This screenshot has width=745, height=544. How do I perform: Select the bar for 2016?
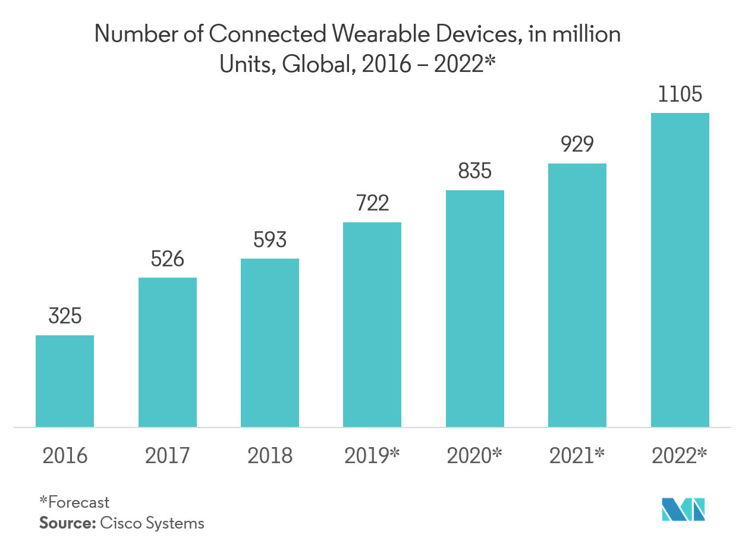(65, 381)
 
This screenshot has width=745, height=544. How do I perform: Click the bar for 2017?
(168, 352)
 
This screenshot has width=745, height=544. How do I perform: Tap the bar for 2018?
(270, 342)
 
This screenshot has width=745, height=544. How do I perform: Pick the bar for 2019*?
(372, 325)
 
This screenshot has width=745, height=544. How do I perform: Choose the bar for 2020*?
(475, 309)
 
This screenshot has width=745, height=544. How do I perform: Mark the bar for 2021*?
(577, 295)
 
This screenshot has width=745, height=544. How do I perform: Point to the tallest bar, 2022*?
(680, 270)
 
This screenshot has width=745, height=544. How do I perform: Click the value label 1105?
(680, 95)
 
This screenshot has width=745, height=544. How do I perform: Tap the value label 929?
(577, 144)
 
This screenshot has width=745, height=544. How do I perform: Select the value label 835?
(475, 171)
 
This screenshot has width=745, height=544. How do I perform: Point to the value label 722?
(372, 203)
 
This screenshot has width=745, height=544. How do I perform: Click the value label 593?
(270, 240)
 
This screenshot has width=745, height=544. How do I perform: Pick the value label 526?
(168, 259)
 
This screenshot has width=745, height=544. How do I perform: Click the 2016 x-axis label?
(65, 456)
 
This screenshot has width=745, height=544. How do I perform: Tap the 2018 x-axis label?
(270, 456)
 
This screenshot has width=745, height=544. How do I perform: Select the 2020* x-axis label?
(475, 456)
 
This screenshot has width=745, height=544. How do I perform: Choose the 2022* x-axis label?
(680, 456)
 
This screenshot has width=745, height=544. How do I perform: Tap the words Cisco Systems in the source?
(152, 523)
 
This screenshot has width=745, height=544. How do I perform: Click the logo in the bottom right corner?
(684, 510)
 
